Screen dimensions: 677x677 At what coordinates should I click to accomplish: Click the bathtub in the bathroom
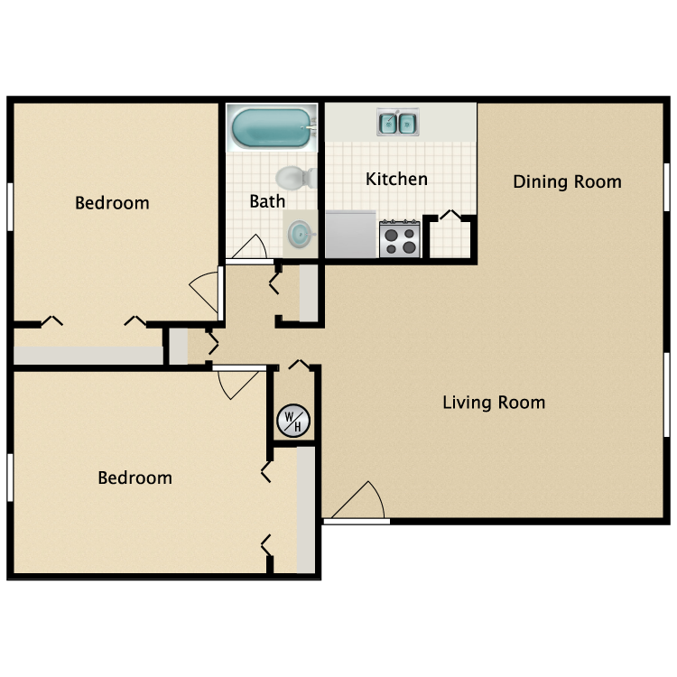(x=271, y=128)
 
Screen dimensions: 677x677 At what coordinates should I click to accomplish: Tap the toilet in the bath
(x=296, y=178)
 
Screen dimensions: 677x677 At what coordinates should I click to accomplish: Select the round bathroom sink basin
(x=299, y=234)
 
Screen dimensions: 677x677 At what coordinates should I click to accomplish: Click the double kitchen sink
(x=397, y=122)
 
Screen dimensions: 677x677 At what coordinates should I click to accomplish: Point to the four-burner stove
(x=400, y=239)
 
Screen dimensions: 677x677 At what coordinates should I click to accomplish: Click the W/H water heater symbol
(x=293, y=421)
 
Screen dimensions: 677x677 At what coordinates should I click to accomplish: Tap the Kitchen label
(x=396, y=180)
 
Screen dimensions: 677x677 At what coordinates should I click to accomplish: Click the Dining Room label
(x=567, y=181)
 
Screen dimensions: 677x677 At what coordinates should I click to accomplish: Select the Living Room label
(x=494, y=403)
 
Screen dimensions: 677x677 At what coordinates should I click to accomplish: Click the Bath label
(x=267, y=201)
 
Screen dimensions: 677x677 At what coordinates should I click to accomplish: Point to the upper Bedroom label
(x=112, y=203)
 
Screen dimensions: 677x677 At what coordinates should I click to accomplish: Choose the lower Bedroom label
(x=135, y=478)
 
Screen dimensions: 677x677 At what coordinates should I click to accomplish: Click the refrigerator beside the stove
(x=350, y=235)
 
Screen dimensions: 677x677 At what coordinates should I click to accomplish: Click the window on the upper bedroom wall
(x=10, y=207)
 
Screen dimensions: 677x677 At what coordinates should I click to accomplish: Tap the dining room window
(x=667, y=187)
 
